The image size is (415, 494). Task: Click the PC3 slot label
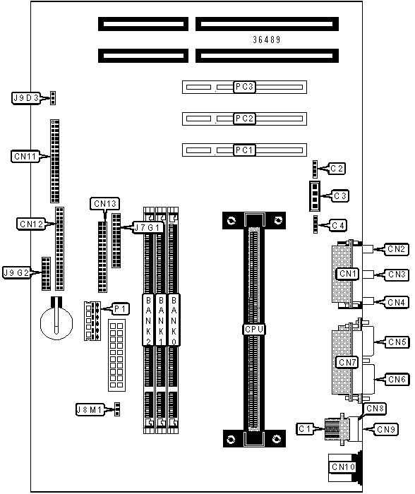point(244,87)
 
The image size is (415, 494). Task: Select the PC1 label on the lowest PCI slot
point(244,150)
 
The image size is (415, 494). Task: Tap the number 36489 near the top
point(267,40)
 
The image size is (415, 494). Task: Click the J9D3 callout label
point(26,98)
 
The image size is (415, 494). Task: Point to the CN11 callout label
point(25,156)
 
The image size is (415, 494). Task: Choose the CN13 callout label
point(105,204)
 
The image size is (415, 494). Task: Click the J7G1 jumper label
point(148,227)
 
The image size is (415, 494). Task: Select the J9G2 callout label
point(16,272)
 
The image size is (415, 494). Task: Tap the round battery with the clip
point(56,323)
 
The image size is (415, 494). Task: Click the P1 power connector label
point(121,309)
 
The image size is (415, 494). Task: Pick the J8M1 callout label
point(90,410)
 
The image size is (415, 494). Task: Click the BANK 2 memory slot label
point(148,320)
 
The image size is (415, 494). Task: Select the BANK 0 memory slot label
point(174,320)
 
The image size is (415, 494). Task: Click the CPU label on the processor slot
point(254,330)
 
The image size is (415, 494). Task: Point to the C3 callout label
point(340,196)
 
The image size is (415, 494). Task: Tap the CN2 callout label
point(397,249)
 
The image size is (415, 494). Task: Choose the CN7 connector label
point(347,363)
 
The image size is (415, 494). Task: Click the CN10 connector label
point(344,467)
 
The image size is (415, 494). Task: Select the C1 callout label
point(305,429)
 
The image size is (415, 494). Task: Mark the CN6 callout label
point(397,380)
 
